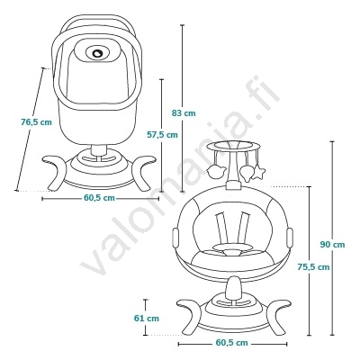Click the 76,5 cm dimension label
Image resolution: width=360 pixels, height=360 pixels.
pos(36,122)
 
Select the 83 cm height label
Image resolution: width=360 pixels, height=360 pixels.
pos(184,113)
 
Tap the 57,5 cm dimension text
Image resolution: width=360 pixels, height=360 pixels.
pos(162,135)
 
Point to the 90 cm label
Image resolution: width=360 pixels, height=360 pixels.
pos(332,245)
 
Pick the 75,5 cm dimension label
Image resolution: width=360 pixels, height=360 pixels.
pos(313,266)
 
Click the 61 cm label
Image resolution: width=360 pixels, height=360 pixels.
pos(147,318)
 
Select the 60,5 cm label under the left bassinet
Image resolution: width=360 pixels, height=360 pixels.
pos(99,198)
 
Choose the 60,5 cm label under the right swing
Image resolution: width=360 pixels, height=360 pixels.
pos(232,343)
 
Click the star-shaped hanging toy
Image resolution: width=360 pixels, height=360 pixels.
pos(258,174)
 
